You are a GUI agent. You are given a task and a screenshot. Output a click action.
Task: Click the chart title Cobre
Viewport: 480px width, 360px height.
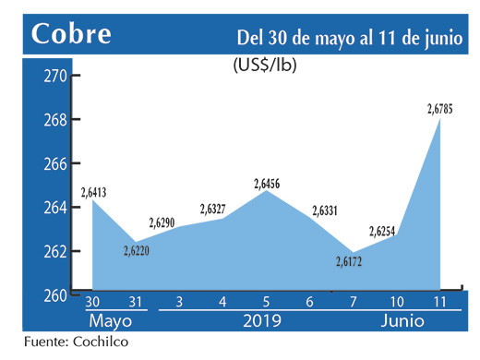[71, 34]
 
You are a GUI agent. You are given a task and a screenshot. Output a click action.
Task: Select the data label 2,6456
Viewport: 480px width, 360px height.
[268, 183]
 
